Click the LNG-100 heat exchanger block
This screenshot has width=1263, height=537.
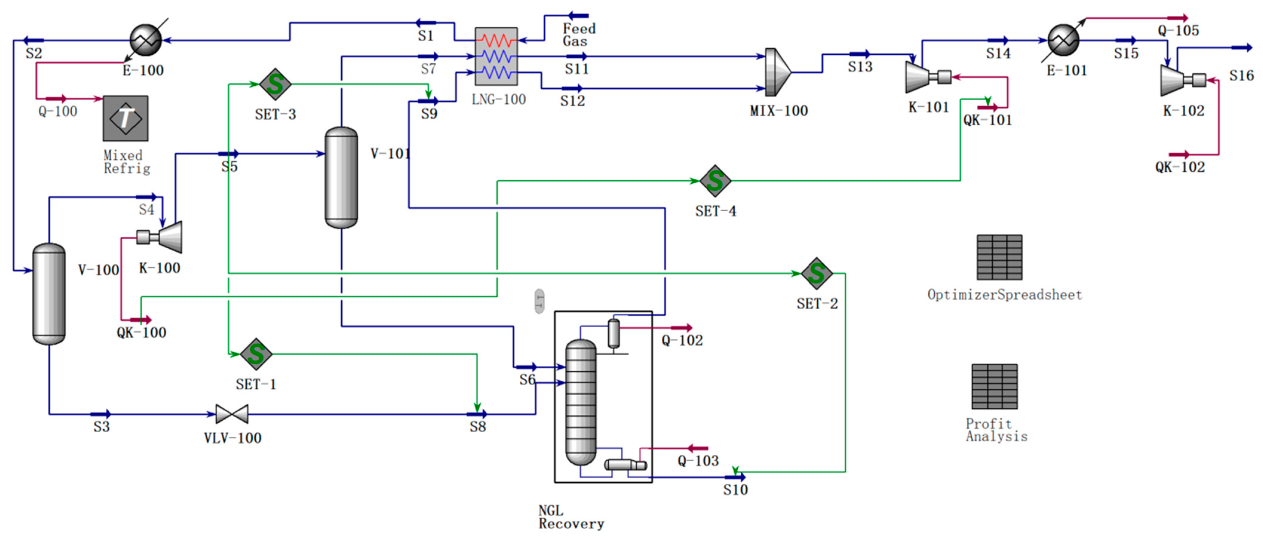click(x=496, y=56)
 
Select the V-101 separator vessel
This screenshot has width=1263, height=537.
click(x=341, y=177)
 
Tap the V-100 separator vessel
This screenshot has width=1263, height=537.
click(x=49, y=294)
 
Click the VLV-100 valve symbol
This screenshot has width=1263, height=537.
click(x=232, y=414)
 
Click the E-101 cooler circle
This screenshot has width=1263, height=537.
click(x=1063, y=40)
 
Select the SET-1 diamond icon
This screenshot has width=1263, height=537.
click(x=256, y=354)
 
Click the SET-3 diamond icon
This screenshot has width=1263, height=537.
click(x=275, y=84)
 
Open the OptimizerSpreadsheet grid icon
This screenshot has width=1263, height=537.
click(x=999, y=257)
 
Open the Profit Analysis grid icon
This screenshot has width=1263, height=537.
click(x=994, y=387)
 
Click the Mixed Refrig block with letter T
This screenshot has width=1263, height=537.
click(x=125, y=119)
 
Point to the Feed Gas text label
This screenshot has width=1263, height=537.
click(x=578, y=35)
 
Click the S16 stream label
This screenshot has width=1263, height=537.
click(x=1241, y=76)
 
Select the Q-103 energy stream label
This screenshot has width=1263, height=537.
click(x=698, y=461)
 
